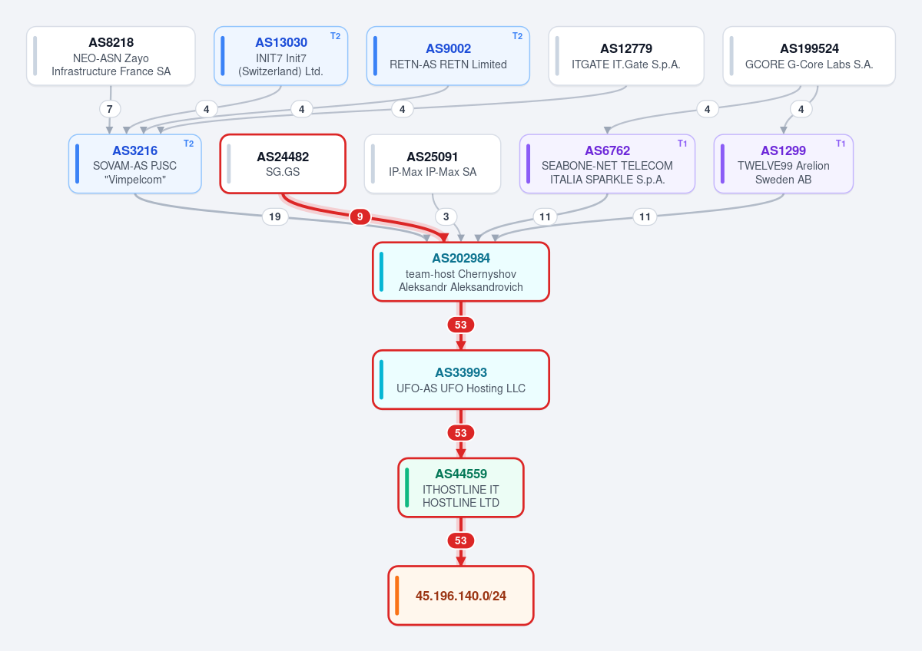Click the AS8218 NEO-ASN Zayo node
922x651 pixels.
111,56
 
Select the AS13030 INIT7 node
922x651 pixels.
280,56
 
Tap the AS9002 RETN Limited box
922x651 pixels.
448,56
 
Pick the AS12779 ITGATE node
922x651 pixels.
626,56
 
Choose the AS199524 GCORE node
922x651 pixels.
809,56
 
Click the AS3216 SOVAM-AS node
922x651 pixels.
135,164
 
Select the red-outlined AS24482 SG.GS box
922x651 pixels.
283,164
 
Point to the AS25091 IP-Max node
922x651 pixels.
433,164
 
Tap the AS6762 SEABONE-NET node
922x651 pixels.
607,164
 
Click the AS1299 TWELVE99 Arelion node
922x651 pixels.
783,164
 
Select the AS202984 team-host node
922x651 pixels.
461,272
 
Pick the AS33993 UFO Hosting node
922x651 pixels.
461,379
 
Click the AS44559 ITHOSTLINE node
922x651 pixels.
461,487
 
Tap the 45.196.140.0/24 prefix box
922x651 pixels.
461,596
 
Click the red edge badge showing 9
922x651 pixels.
360,216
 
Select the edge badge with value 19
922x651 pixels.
275,216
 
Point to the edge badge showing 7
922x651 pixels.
109,109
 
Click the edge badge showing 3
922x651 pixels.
446,216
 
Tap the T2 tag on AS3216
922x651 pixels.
188,144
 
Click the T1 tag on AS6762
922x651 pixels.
682,144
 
